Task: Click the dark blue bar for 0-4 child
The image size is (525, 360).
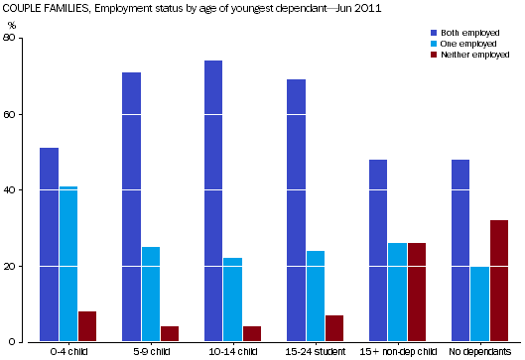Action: (49, 245)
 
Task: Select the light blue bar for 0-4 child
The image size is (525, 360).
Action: (67, 264)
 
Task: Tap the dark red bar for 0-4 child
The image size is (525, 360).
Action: (87, 326)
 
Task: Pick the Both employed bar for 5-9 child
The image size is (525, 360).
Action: (131, 207)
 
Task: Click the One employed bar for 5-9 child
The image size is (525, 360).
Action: (150, 295)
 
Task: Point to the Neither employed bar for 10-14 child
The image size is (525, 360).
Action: (252, 334)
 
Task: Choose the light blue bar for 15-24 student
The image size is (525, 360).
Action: (315, 297)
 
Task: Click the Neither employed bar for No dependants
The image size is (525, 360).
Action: (498, 281)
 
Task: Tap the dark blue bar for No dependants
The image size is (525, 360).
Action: (459, 251)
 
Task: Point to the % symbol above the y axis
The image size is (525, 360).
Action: (12, 25)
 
